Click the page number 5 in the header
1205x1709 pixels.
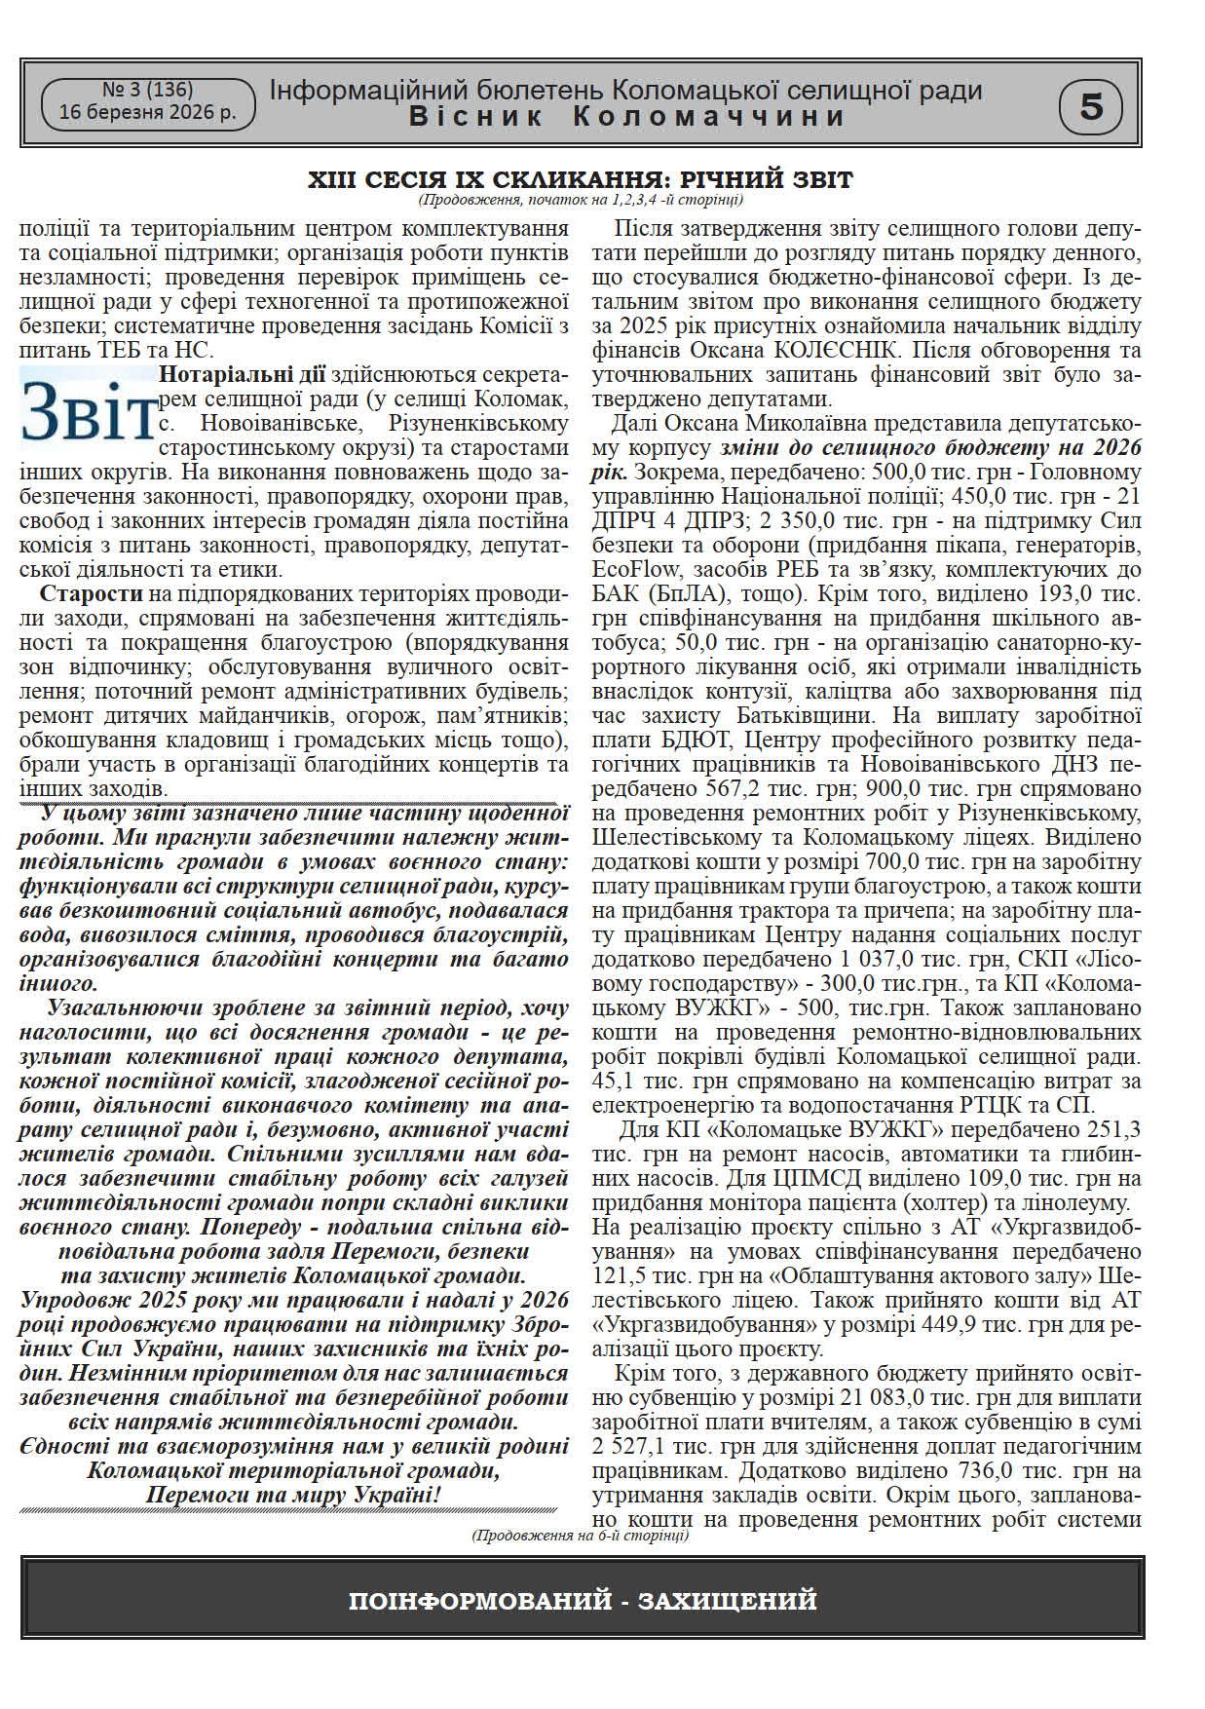[x=1091, y=105]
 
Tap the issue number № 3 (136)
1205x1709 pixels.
[x=147, y=90]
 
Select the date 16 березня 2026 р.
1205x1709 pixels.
[x=147, y=113]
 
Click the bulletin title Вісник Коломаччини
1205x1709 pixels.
[x=626, y=117]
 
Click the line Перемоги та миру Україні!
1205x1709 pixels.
[x=292, y=1495]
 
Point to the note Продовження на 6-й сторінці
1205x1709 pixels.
[x=580, y=1536]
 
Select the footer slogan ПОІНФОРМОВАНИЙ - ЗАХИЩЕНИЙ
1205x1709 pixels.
[x=582, y=1601]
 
